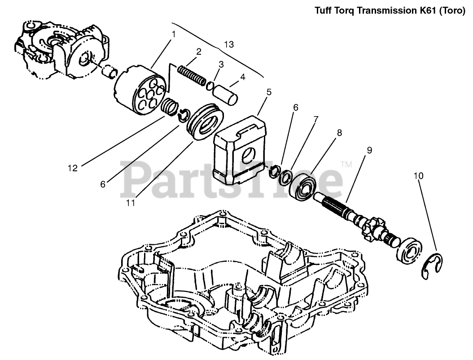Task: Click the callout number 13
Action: [229, 44]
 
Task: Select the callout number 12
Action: [73, 168]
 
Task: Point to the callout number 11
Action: [130, 203]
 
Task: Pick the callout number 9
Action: [369, 150]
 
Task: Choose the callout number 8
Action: [339, 133]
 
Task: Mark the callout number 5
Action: [269, 92]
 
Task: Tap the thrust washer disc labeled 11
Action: [206, 121]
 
